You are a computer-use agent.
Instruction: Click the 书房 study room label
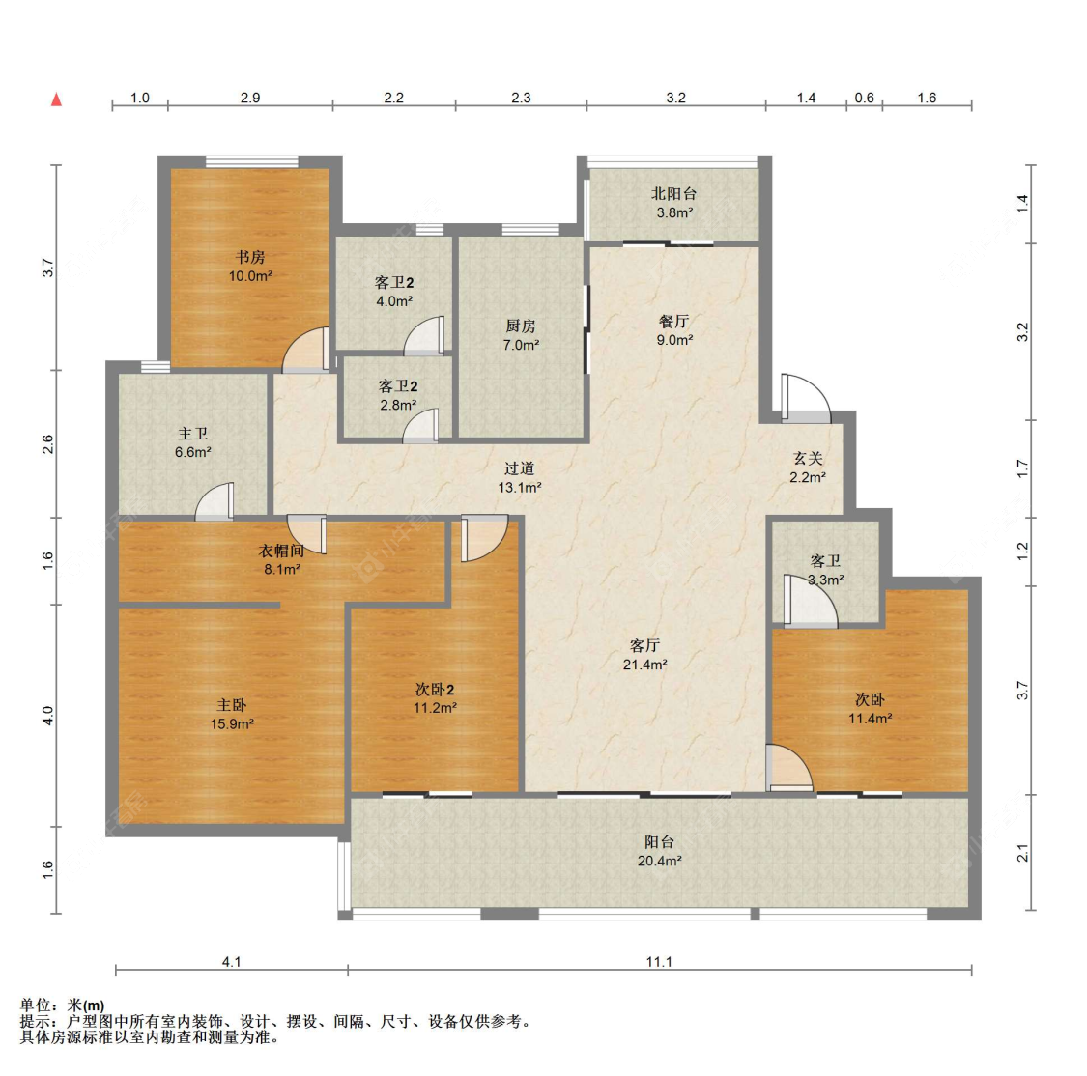click(x=250, y=257)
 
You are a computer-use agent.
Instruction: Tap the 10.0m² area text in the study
click(x=250, y=275)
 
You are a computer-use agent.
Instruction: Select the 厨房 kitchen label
click(x=521, y=326)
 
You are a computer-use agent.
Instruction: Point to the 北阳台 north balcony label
click(x=673, y=194)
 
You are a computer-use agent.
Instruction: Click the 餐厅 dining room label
click(x=673, y=321)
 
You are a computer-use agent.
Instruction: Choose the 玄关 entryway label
click(x=808, y=458)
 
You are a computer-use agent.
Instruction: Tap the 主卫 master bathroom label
click(x=192, y=434)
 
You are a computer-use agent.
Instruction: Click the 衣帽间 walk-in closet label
click(x=281, y=551)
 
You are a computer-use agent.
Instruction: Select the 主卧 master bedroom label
click(x=232, y=705)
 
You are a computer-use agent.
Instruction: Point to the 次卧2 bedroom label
click(x=435, y=690)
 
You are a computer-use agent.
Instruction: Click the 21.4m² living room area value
click(x=644, y=665)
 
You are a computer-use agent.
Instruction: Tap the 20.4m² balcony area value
click(x=659, y=861)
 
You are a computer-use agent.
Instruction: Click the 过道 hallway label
click(x=519, y=469)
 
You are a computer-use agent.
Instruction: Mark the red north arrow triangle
click(x=57, y=99)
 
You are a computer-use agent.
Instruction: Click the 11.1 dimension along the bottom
click(x=659, y=962)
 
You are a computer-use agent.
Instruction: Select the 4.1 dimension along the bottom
click(x=231, y=962)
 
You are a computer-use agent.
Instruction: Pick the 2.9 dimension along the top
click(x=250, y=98)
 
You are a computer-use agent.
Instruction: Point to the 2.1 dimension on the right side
click(x=1022, y=853)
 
